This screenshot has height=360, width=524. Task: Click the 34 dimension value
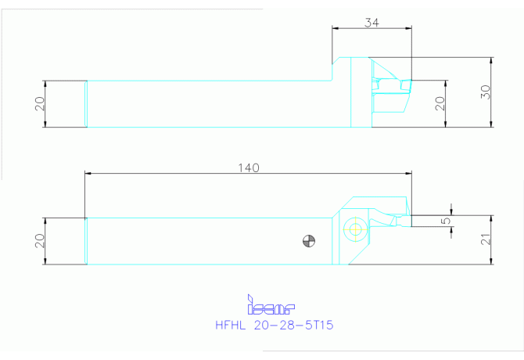coord(371,23)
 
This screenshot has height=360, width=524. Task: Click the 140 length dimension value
coord(249,167)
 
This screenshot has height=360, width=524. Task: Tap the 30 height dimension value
coord(486,92)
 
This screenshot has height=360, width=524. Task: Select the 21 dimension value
coord(486,239)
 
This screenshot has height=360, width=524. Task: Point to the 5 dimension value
coord(446,221)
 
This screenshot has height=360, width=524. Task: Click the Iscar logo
coord(271,305)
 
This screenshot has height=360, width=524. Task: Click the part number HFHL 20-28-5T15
coord(275,326)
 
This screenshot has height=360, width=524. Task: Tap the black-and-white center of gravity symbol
coord(309,241)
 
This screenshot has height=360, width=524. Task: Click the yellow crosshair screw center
coord(356,229)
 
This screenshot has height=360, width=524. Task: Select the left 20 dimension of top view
coord(39,103)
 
